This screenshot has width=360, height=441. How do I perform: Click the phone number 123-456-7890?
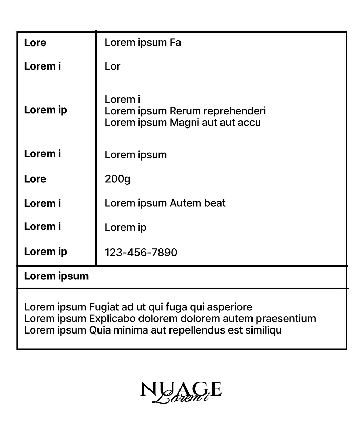pyautogui.click(x=141, y=252)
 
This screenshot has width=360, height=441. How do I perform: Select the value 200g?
pyautogui.click(x=117, y=179)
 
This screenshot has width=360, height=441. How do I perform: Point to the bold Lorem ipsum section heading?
pyautogui.click(x=56, y=276)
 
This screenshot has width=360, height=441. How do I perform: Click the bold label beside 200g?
pyautogui.click(x=35, y=179)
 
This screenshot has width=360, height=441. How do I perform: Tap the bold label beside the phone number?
pyautogui.click(x=45, y=252)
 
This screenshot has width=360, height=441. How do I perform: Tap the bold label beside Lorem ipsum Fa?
pyautogui.click(x=35, y=43)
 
